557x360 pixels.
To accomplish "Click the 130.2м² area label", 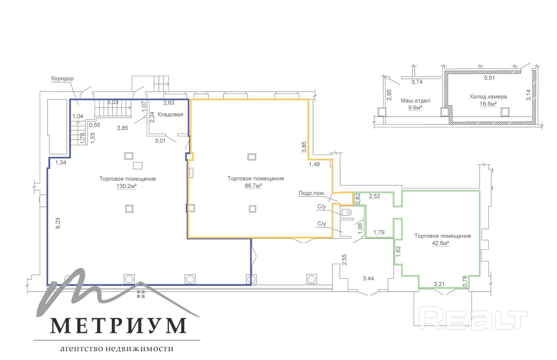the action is tap(127, 186).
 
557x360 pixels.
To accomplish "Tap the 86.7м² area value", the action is tap(253, 186).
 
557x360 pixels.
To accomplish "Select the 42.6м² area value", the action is tap(440, 243).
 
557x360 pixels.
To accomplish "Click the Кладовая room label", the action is tap(170, 114).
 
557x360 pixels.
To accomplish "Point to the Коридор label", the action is tap(62, 78).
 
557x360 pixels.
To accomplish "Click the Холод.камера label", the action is tap(488, 97).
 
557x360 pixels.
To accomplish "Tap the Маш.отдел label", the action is tap(416, 101).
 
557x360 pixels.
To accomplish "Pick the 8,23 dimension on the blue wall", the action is tap(58, 223).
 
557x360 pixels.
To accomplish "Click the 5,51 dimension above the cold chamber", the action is tap(489, 78).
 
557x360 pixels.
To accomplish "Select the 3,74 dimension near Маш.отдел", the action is tap(417, 82).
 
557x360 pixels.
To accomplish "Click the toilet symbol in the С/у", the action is tap(347, 213).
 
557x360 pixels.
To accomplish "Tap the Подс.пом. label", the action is tap(312, 193).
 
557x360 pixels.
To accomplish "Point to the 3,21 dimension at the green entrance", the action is tap(439, 284).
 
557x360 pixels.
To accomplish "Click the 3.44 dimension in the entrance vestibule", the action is tap(368, 278).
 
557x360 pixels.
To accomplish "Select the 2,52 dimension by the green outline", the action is tap(374, 196).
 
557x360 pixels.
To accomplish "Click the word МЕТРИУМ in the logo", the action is tap(118, 326).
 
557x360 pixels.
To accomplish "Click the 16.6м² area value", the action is tap(488, 104).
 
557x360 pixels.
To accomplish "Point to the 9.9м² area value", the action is tap(415, 108).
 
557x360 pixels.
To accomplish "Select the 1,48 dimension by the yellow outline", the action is tap(314, 164).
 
